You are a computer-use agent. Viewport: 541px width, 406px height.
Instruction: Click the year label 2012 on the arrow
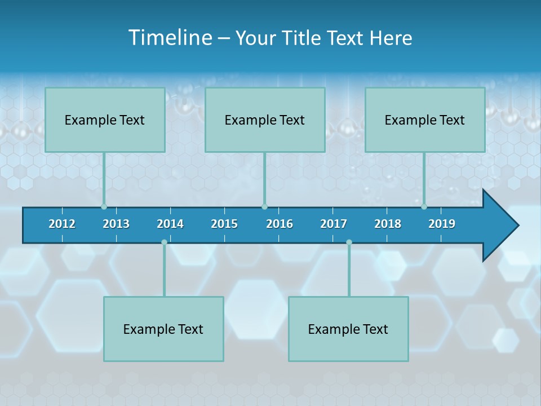coord(62,224)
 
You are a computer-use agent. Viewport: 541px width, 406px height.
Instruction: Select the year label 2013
coord(116,224)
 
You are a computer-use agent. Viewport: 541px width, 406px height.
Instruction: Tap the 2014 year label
coord(170,224)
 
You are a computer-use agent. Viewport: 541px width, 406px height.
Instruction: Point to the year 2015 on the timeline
coord(224,224)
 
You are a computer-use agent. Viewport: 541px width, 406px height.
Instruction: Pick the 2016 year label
coord(280,224)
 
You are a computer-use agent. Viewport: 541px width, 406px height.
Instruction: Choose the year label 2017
coord(334,224)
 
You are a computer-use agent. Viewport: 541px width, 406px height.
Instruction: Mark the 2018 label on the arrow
coord(388,224)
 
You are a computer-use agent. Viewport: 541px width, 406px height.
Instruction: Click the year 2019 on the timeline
coord(442,224)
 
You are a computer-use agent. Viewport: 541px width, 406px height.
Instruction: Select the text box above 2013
coord(105,120)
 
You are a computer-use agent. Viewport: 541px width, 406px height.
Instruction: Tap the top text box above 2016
coord(265,120)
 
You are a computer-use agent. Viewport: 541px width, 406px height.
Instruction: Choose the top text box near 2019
coord(425,120)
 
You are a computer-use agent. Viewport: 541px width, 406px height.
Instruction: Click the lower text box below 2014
coord(163,329)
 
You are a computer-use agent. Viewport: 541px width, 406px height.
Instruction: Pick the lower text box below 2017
coord(348,329)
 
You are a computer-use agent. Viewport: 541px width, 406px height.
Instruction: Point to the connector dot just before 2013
coord(104,206)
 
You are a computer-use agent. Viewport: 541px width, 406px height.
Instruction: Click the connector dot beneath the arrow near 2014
coord(164,242)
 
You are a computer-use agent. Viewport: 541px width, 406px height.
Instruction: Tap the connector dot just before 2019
coord(424,206)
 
